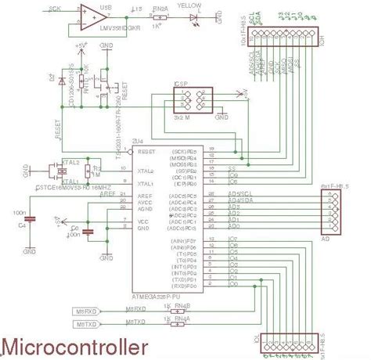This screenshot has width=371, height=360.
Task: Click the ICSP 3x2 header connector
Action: (x=192, y=101)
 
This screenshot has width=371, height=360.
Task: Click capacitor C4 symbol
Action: (x=29, y=222)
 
